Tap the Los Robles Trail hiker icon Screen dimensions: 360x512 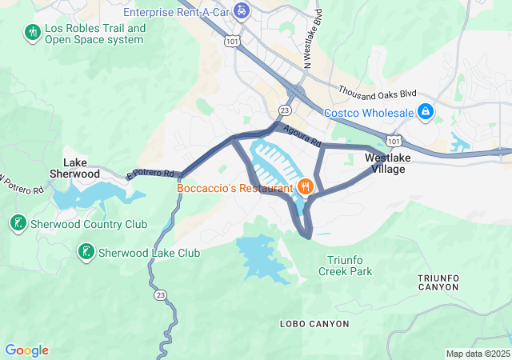pyautogui.click(x=32, y=33)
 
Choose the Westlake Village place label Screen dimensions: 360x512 pyautogui.click(x=388, y=163)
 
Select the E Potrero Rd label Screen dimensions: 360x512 pyautogui.click(x=150, y=173)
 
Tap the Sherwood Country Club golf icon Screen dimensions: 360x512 pyautogui.click(x=18, y=222)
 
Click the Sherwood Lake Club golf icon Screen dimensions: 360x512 pyautogui.click(x=84, y=253)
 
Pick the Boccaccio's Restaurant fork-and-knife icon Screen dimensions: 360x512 pyautogui.click(x=305, y=188)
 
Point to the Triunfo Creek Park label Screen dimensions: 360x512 pyautogui.click(x=350, y=266)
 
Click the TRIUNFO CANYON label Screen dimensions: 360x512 pyautogui.click(x=438, y=282)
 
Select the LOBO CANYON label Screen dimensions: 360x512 pyautogui.click(x=314, y=324)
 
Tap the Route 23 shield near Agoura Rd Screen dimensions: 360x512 pyautogui.click(x=284, y=110)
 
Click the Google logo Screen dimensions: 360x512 pyautogui.click(x=26, y=350)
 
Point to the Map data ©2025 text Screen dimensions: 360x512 pyautogui.click(x=477, y=354)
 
